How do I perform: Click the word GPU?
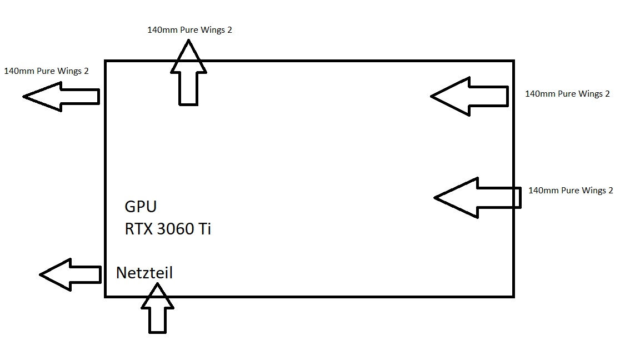point(141,207)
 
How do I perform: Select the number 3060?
point(177,229)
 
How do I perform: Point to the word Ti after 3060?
point(204,229)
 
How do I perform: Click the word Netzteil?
point(144,273)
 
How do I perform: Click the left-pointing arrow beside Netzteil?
point(70,274)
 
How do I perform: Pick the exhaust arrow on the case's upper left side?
point(61,96)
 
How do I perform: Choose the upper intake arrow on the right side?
point(469,96)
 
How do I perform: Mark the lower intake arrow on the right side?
point(477,197)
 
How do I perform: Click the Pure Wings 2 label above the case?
point(189,30)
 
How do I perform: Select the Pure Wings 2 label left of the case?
point(46,71)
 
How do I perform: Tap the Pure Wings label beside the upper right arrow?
point(567,94)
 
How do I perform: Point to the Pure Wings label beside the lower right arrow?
point(571,191)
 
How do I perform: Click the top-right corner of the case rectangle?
point(513,61)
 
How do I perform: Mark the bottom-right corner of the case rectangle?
point(513,296)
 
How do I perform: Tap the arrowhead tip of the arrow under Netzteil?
point(157,284)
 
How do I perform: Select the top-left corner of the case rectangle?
point(106,61)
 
